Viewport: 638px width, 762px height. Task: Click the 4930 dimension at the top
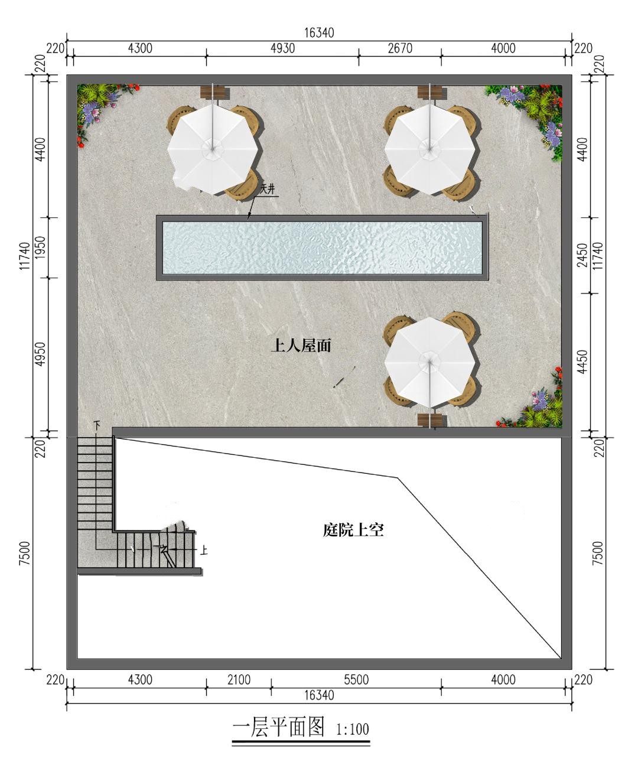[x=282, y=48]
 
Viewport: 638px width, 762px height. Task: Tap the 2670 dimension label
[x=400, y=48]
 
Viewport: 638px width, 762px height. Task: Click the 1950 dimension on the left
[x=41, y=248]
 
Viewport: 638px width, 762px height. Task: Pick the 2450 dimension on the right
[x=583, y=255]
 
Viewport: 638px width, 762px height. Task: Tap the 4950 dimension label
[x=41, y=354]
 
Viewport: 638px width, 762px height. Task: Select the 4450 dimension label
[x=583, y=362]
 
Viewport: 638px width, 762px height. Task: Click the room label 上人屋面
[x=301, y=346]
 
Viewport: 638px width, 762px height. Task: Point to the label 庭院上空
[x=353, y=530]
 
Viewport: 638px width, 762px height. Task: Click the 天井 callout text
[x=268, y=190]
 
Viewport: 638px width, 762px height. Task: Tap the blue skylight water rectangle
[x=323, y=248]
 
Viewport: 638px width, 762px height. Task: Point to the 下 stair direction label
[x=97, y=425]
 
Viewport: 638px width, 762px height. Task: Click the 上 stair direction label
[x=204, y=550]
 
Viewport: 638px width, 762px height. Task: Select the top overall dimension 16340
[x=320, y=33]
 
